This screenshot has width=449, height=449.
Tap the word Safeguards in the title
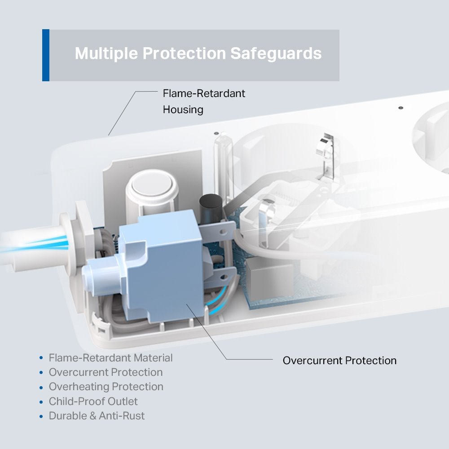pyautogui.click(x=276, y=53)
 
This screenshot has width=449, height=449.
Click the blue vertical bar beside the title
pyautogui.click(x=46, y=55)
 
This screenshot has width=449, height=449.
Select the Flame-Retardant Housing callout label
pyautogui.click(x=204, y=101)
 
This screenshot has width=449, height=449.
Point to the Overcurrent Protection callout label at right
pyautogui.click(x=339, y=361)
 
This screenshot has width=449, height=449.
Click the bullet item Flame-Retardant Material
pyautogui.click(x=110, y=358)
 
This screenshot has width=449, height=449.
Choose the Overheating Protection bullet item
pyautogui.click(x=106, y=387)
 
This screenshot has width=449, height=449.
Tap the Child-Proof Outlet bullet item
pyautogui.click(x=93, y=401)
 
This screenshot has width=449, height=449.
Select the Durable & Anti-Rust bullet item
pyautogui.click(x=97, y=416)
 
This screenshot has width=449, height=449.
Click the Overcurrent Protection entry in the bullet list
pyautogui.click(x=106, y=372)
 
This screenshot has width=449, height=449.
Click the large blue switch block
pyautogui.click(x=163, y=266)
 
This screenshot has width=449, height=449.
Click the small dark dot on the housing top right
pyautogui.click(x=401, y=108)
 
